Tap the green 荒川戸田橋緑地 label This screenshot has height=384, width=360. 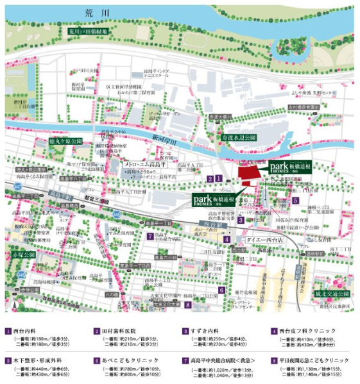90,31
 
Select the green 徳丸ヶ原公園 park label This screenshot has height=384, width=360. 67,140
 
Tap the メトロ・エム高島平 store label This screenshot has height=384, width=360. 146,165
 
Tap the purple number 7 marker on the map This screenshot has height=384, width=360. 150,235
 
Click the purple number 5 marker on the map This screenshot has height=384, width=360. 295,200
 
